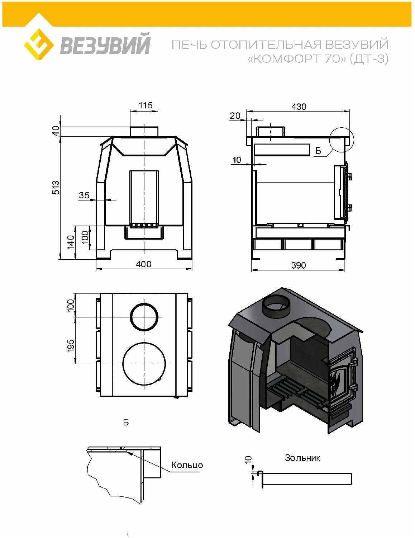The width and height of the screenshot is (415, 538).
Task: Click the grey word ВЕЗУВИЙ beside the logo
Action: (105, 44)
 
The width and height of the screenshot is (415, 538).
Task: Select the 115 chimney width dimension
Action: (146, 105)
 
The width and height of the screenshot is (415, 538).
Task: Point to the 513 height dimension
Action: (56, 187)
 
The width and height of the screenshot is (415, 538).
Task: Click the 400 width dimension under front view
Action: (144, 264)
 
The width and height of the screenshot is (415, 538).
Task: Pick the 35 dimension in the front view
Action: (84, 195)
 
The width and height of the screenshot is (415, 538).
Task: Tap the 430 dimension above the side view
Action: (299, 107)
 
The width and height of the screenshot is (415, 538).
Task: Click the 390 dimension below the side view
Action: (299, 265)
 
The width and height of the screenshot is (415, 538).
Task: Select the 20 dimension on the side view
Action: (235, 115)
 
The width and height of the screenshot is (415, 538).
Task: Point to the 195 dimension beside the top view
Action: (71, 345)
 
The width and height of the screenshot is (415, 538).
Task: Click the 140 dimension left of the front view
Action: (71, 242)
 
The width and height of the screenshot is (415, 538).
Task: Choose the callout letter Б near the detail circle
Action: (318, 151)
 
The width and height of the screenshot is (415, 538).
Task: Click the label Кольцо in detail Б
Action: (187, 465)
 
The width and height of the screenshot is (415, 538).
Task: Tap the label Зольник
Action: (302, 458)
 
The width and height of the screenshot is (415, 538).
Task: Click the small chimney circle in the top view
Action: (144, 317)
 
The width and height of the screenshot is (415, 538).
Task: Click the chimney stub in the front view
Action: (144, 131)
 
